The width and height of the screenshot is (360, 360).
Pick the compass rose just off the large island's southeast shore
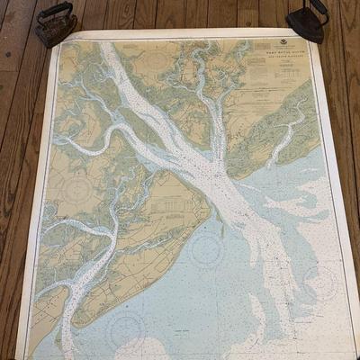pos(208,249)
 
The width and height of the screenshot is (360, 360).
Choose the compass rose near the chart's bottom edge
pos(125,330)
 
